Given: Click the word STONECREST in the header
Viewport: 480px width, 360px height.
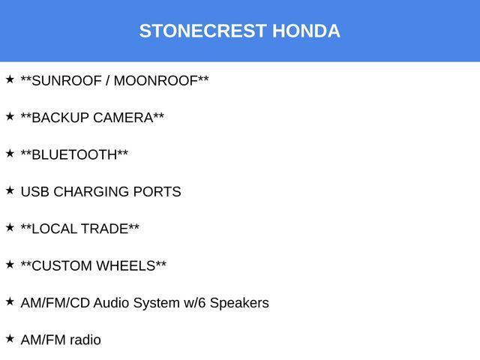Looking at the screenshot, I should click(202, 31).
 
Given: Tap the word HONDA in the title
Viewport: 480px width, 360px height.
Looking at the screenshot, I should click(306, 31).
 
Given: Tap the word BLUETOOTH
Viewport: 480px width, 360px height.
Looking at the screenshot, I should click(74, 154).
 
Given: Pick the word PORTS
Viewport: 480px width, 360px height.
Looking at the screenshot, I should click(157, 192).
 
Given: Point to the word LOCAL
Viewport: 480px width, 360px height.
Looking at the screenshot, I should click(53, 229).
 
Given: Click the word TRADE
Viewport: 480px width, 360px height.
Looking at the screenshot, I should click(105, 229).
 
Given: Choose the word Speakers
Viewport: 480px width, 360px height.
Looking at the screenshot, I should click(239, 303).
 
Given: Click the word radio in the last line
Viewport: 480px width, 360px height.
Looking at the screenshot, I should click(85, 340).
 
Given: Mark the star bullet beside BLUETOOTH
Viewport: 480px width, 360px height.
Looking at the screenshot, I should click(10, 153).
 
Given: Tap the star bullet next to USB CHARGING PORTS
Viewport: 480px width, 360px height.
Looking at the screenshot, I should click(10, 190).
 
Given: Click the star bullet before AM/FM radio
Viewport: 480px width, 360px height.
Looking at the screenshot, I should click(10, 338).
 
